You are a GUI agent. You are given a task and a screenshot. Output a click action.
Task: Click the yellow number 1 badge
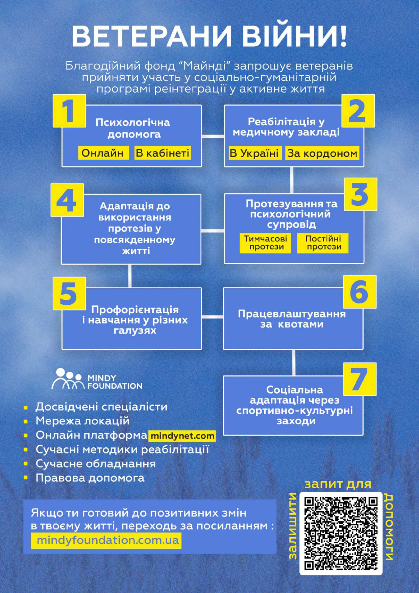[69, 111]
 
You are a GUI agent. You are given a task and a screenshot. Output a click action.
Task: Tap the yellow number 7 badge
[360, 379]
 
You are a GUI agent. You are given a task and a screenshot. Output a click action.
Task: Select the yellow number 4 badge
[67, 200]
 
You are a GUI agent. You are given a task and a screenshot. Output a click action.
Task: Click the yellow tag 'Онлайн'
[103, 153]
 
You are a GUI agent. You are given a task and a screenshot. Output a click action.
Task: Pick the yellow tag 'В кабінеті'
[163, 153]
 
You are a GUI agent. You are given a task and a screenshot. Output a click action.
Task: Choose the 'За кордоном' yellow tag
[322, 153]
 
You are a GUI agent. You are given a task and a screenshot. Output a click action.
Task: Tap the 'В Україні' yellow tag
[254, 153]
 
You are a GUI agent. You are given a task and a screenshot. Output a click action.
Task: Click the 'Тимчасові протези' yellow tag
[266, 243]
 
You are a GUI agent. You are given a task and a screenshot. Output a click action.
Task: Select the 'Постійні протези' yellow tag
[323, 243]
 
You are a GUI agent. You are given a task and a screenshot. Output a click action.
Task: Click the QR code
[341, 534]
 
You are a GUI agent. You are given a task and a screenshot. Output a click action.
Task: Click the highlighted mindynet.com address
[182, 436]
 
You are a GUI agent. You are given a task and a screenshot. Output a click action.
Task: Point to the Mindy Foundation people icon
[68, 379]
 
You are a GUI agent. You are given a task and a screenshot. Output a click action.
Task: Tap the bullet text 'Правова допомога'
[90, 478]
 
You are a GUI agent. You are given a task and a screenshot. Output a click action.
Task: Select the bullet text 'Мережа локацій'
[83, 421]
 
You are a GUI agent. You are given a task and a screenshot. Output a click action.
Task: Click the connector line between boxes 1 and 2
[213, 136]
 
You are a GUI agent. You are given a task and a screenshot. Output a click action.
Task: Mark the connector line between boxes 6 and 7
[293, 363]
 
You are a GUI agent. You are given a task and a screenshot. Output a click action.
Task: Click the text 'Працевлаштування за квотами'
[292, 319]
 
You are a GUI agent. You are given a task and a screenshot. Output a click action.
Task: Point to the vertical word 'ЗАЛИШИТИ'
[293, 526]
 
